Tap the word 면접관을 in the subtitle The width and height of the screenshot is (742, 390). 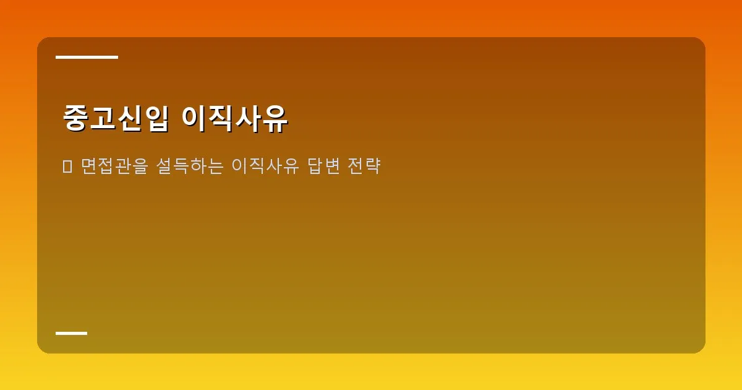pyautogui.click(x=114, y=166)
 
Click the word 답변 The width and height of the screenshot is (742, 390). pyautogui.click(x=323, y=166)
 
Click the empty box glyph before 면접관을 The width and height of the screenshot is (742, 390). pyautogui.click(x=68, y=166)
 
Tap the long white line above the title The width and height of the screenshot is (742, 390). pyautogui.click(x=87, y=57)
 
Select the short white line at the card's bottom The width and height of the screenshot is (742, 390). pyautogui.click(x=71, y=333)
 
